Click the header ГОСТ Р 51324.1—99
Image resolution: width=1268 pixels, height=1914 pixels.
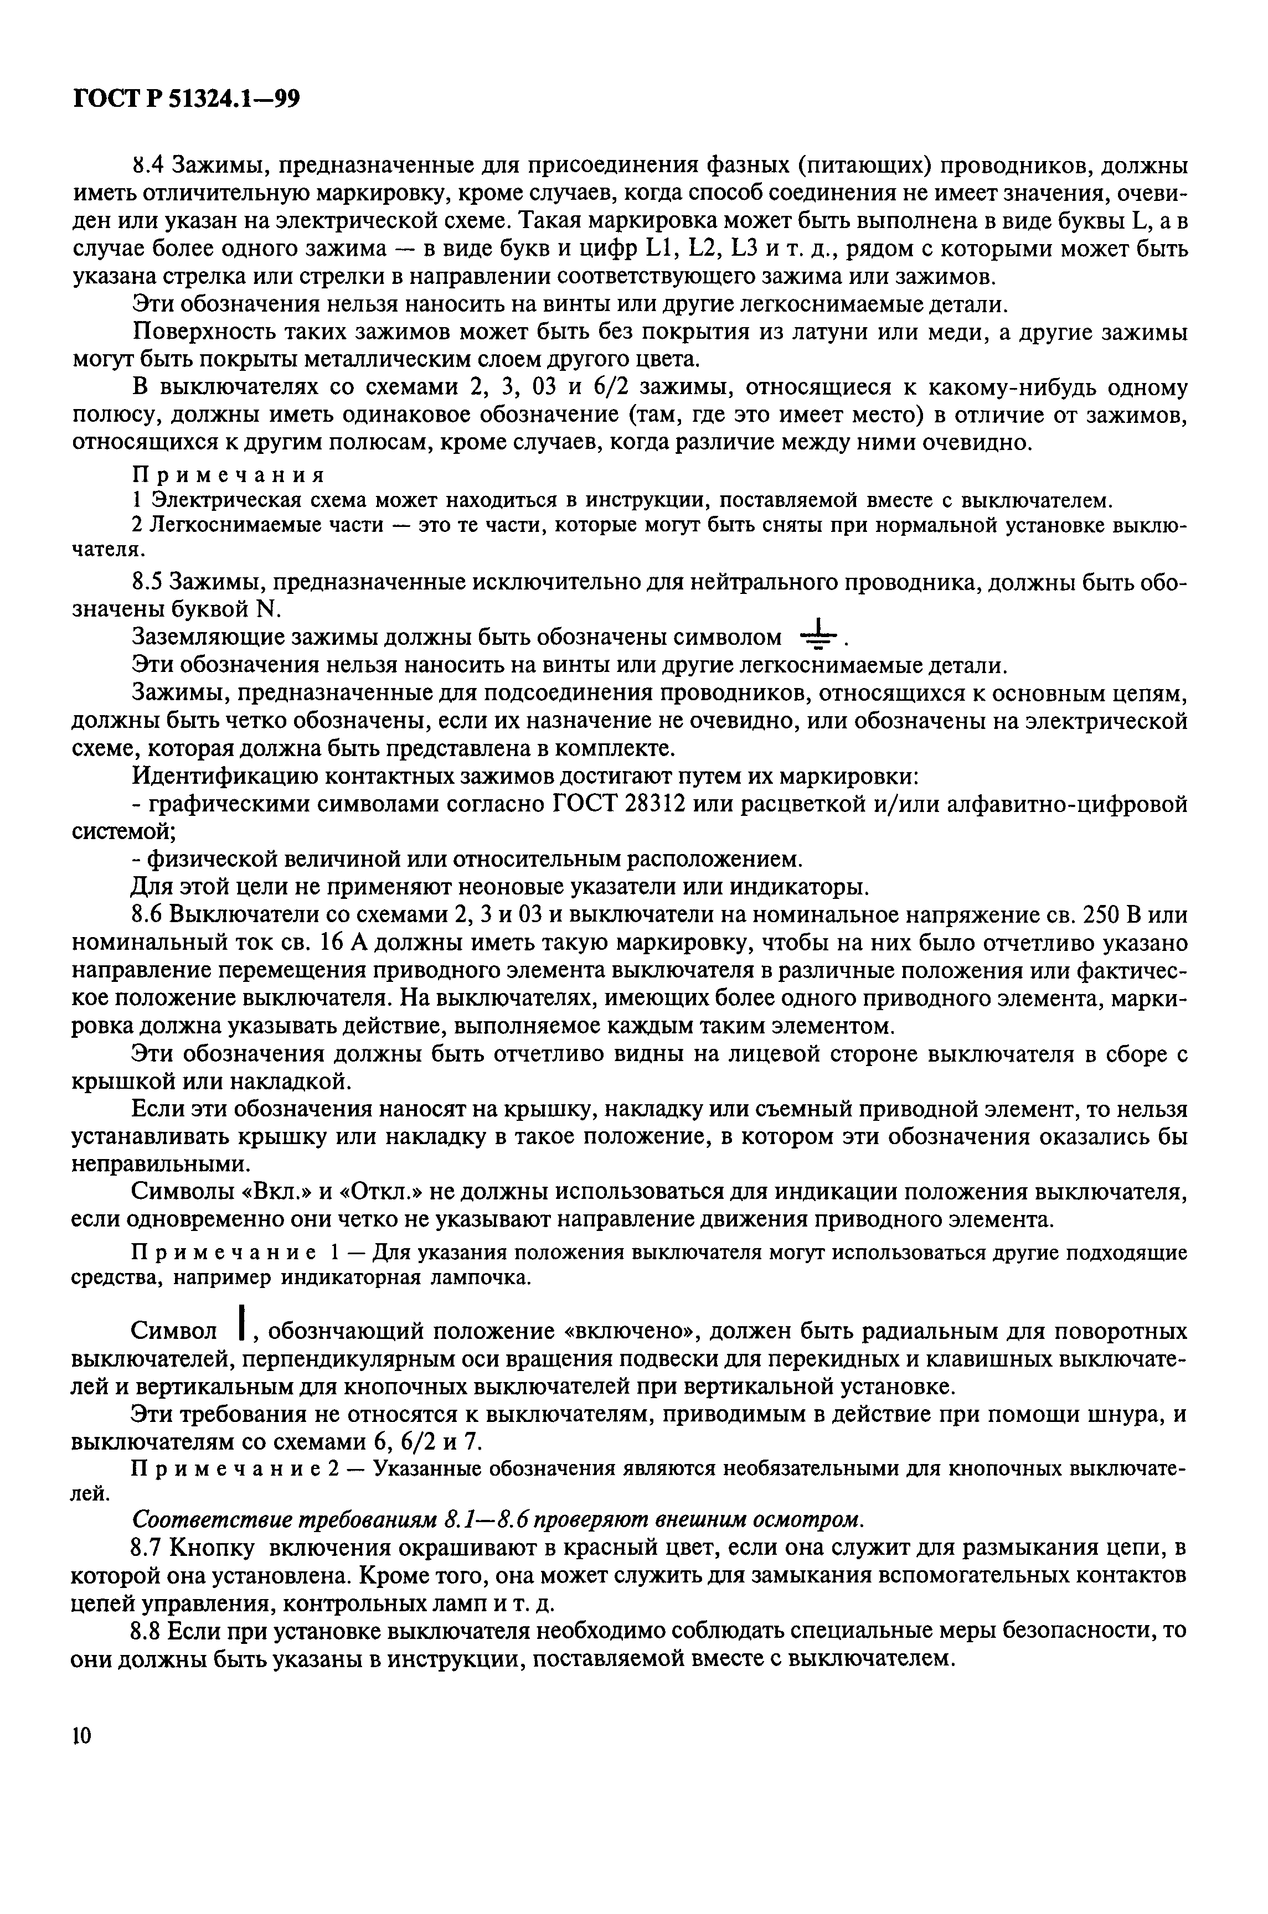pos(186,100)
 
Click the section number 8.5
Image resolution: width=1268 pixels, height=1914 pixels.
pos(147,583)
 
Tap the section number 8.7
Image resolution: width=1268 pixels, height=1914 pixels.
pos(147,1548)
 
